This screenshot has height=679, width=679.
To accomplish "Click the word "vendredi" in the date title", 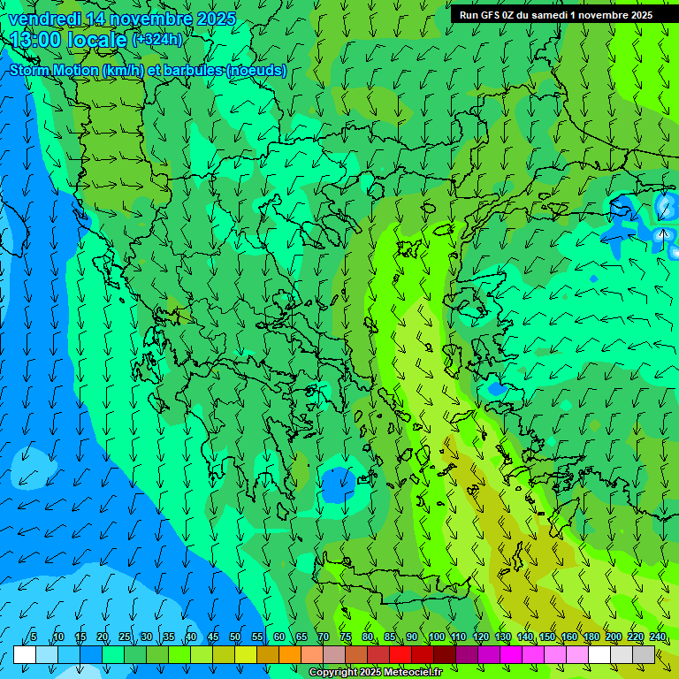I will click(40, 19).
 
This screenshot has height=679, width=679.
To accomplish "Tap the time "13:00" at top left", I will click(36, 39).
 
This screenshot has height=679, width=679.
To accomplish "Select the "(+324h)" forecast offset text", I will click(158, 39).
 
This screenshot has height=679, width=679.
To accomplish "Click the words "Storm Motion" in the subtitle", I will click(54, 70).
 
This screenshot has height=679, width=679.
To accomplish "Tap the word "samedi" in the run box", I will click(547, 15).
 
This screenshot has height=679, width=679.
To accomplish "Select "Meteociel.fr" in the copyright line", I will click(410, 673).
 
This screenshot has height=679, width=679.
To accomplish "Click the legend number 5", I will click(34, 637).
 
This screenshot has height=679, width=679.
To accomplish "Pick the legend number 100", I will click(436, 637).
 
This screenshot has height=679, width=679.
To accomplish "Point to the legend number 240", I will click(658, 637).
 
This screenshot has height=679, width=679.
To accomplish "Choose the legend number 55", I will click(257, 637).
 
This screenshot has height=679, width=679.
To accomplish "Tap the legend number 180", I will click(591, 637).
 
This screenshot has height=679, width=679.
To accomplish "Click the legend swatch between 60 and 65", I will click(290, 654).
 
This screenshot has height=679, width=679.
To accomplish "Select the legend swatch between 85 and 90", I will click(401, 654).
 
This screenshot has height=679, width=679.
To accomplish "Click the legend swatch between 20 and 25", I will click(113, 654).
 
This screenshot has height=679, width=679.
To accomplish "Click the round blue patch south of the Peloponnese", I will click(338, 484).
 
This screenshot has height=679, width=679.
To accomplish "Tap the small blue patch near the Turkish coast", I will click(496, 388).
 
